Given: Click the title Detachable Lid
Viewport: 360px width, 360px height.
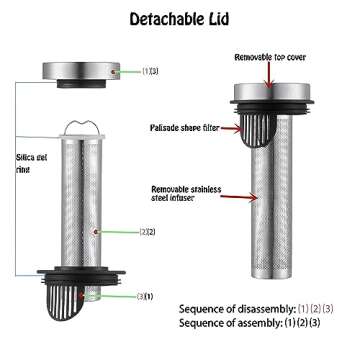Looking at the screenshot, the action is coord(179,19).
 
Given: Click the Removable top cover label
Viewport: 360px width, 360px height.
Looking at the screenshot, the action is coord(270,57).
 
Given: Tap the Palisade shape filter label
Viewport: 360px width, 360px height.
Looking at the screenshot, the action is coord(185,128).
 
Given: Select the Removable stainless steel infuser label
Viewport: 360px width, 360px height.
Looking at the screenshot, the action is coord(186,193).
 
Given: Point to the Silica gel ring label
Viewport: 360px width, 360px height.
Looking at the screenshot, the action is coord(32,163).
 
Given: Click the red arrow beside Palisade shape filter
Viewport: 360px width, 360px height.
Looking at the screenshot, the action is coord(231,129).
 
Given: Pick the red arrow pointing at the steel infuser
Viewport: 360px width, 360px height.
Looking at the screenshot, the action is coord(239,197).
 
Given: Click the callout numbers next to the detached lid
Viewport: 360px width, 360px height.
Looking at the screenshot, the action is coord(150,71).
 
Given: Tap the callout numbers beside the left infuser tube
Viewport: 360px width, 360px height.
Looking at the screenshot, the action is coord(147,232).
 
